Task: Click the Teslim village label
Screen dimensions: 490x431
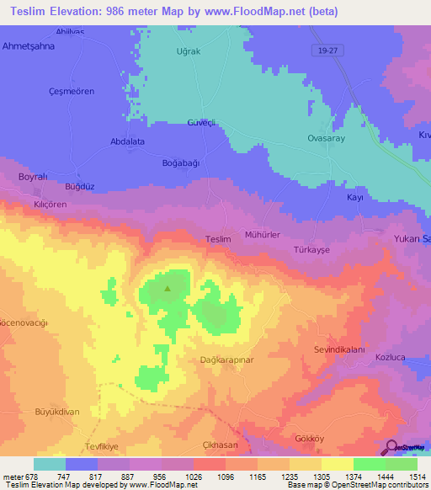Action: coord(218,240)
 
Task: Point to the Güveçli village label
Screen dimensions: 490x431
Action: coord(202,123)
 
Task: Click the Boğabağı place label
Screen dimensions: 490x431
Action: coord(180,163)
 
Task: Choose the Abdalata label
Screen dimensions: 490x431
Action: coord(128,142)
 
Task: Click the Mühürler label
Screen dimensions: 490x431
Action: coord(262,235)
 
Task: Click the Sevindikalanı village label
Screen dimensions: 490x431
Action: coord(338,349)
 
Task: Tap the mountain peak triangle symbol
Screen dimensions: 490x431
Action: coord(167,290)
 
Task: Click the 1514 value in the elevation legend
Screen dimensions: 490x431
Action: coord(416,475)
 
